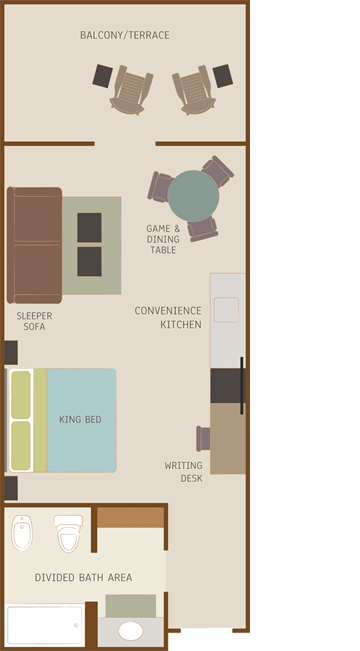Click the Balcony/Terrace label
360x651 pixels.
tap(125, 35)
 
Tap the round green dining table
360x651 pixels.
tap(193, 196)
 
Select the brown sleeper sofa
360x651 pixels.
tap(34, 245)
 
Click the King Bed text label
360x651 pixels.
tap(80, 419)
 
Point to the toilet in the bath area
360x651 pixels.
tap(69, 534)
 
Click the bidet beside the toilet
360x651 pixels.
tap(22, 533)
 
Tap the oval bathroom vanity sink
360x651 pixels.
tap(131, 631)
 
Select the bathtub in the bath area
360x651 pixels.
tap(45, 626)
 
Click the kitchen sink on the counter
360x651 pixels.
tap(226, 310)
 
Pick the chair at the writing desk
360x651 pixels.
tap(203, 438)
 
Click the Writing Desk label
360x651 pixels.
tap(184, 472)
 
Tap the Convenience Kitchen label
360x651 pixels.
tap(168, 318)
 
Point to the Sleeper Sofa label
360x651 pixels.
tap(34, 321)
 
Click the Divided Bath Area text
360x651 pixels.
tap(83, 578)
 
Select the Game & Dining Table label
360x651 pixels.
tap(163, 239)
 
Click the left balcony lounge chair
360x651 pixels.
tap(132, 90)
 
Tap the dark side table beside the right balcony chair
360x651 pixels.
tap(223, 76)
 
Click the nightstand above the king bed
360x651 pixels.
tap(11, 352)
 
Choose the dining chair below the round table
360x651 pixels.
tap(203, 228)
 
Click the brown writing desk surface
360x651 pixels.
tap(228, 438)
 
